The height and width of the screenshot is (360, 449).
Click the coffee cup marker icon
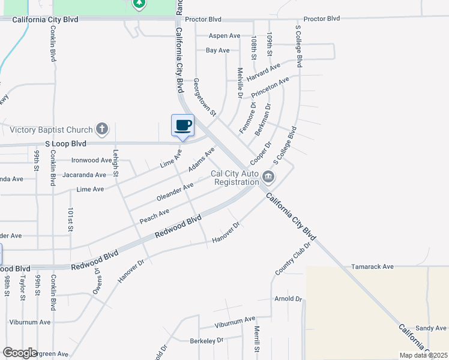(182, 125)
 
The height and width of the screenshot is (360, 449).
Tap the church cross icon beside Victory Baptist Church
(103, 128)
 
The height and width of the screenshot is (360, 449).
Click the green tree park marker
(139, 4)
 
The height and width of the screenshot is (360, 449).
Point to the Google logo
(20, 353)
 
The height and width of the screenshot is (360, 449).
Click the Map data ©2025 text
(423, 355)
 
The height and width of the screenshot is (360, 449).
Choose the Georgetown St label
(204, 96)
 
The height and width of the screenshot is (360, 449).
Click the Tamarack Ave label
(372, 266)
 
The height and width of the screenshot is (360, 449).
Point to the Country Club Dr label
(293, 259)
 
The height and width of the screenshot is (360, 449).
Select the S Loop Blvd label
(65, 144)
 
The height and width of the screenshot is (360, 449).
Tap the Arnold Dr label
(288, 298)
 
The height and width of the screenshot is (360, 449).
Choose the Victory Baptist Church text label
(51, 130)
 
